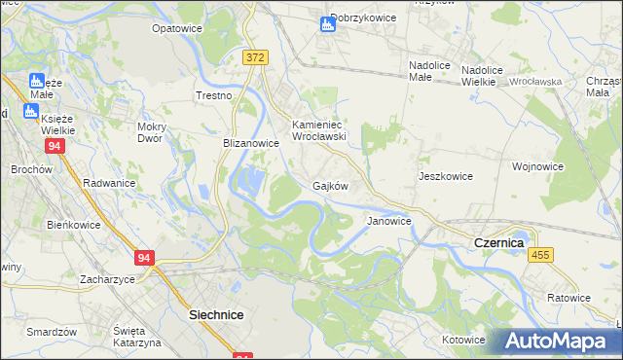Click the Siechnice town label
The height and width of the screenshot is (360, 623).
tap(215, 315)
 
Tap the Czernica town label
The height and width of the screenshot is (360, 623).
tap(498, 241)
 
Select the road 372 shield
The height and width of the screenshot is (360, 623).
tap(255, 58)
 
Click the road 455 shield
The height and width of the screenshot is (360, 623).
tap(540, 254)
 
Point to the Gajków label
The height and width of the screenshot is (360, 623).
tap(330, 186)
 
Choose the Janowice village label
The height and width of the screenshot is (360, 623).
tap(389, 221)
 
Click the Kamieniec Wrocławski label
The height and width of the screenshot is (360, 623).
tap(319, 130)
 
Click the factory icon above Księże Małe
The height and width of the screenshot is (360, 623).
tap(37, 81)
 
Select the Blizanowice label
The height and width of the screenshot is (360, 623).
tap(251, 143)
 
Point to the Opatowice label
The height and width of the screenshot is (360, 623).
tap(175, 29)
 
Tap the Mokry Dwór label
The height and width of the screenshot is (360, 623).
tap(154, 132)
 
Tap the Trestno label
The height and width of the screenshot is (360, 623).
tap(213, 95)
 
